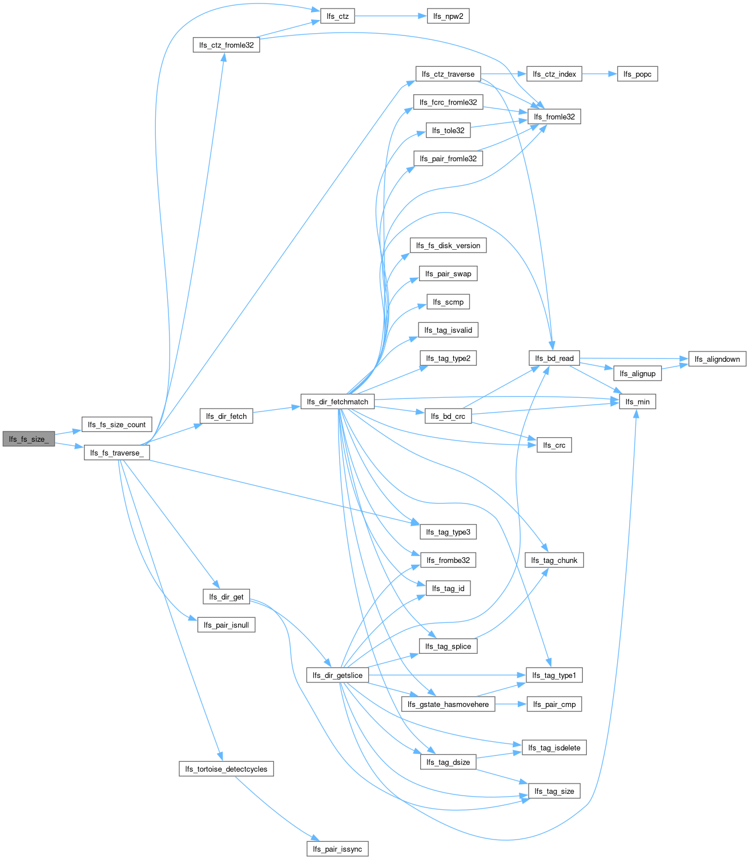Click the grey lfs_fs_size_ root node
(x=29, y=439)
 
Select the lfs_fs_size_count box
(x=116, y=425)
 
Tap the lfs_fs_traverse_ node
(x=116, y=453)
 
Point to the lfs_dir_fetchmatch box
(x=337, y=402)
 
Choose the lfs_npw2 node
(x=448, y=16)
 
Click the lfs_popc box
(x=637, y=74)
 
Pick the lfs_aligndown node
(x=717, y=359)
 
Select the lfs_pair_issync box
(x=337, y=849)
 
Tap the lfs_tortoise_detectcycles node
(x=226, y=769)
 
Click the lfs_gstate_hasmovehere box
(x=448, y=704)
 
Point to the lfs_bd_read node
(x=554, y=358)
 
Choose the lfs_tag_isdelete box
(x=554, y=748)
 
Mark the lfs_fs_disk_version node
(x=448, y=245)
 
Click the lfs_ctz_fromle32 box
(x=226, y=45)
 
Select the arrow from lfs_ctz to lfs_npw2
(x=391, y=16)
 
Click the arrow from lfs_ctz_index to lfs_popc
(x=599, y=74)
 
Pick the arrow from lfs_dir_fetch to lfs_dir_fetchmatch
(x=277, y=409)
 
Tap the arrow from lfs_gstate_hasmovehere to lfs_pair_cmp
(x=511, y=704)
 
